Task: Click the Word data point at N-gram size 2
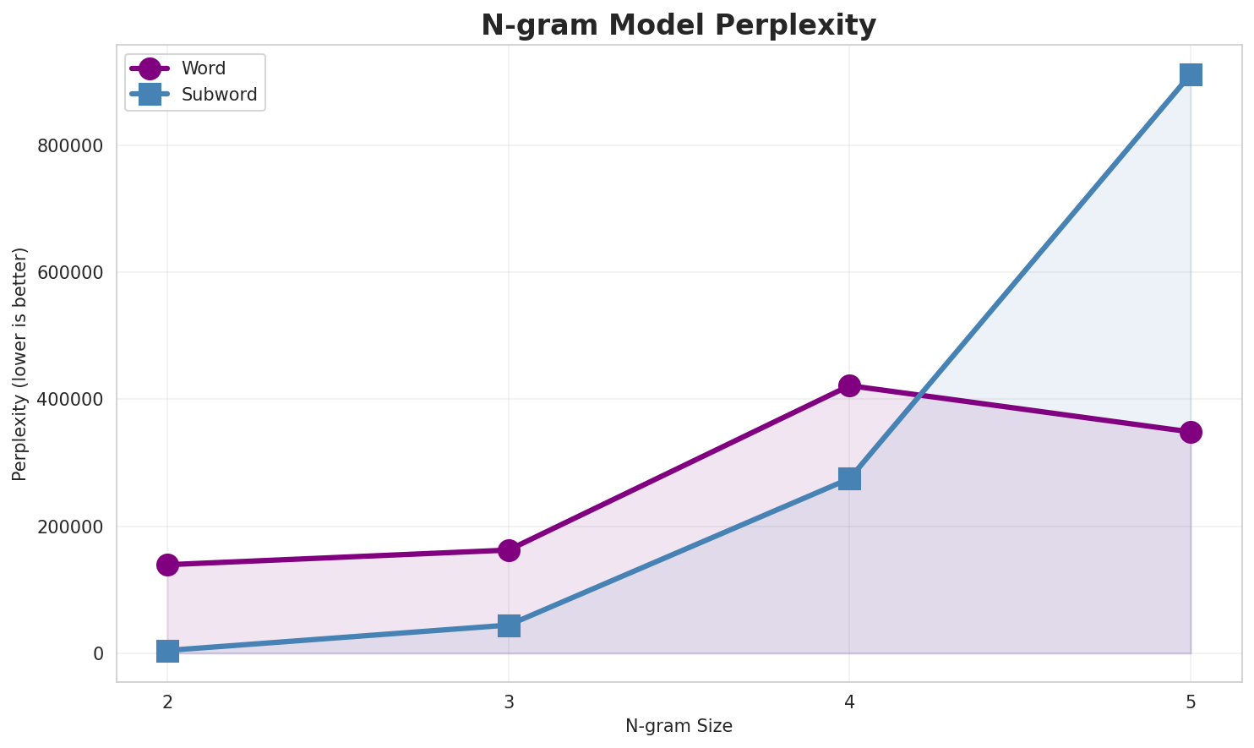pyautogui.click(x=167, y=565)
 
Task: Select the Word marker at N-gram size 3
pyautogui.click(x=509, y=550)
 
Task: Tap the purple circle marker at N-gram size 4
pyautogui.click(x=849, y=385)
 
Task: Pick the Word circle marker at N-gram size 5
pyautogui.click(x=1191, y=432)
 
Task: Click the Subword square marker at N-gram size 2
pyautogui.click(x=167, y=651)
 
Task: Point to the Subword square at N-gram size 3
pyautogui.click(x=509, y=625)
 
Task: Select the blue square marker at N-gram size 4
pyautogui.click(x=849, y=478)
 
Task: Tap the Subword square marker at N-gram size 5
pyautogui.click(x=1191, y=74)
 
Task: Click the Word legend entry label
pyautogui.click(x=204, y=69)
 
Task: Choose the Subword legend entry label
pyautogui.click(x=219, y=95)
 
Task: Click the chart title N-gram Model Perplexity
pyautogui.click(x=679, y=25)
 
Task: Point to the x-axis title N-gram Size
pyautogui.click(x=679, y=726)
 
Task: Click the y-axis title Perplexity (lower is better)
pyautogui.click(x=20, y=364)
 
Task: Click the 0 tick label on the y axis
pyautogui.click(x=98, y=653)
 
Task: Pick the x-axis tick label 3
pyautogui.click(x=509, y=702)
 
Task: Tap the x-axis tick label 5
pyautogui.click(x=1191, y=702)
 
